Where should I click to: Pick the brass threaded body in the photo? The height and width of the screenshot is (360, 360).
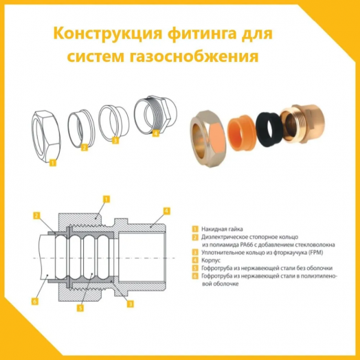(308, 121)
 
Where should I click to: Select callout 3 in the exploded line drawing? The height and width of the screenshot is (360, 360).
(115, 139)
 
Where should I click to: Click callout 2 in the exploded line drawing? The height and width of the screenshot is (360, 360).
(84, 146)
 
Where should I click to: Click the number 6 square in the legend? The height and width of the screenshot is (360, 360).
(195, 275)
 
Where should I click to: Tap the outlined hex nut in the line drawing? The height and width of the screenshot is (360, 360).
(51, 133)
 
